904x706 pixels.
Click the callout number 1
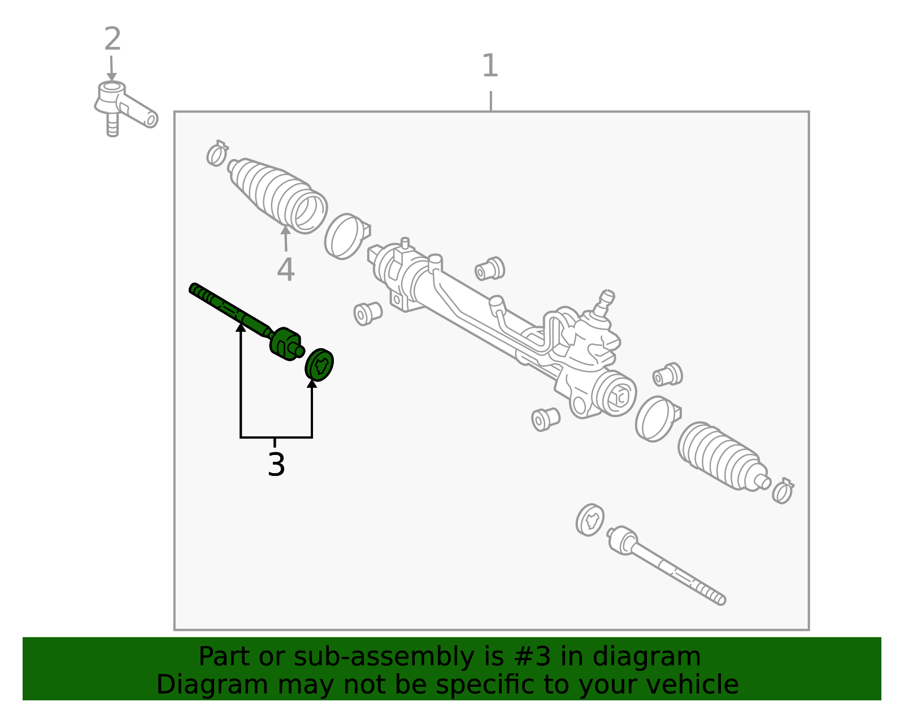(490, 66)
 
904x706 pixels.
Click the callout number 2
(112, 38)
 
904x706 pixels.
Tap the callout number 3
(276, 464)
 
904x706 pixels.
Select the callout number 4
(286, 270)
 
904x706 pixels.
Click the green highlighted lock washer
(319, 365)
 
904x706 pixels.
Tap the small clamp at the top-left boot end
(217, 154)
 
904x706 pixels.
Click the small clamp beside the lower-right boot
(783, 491)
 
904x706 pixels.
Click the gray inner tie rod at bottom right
(666, 565)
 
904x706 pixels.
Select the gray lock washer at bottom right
(590, 520)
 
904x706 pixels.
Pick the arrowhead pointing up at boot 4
(285, 229)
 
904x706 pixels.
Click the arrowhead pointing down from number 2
(111, 76)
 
